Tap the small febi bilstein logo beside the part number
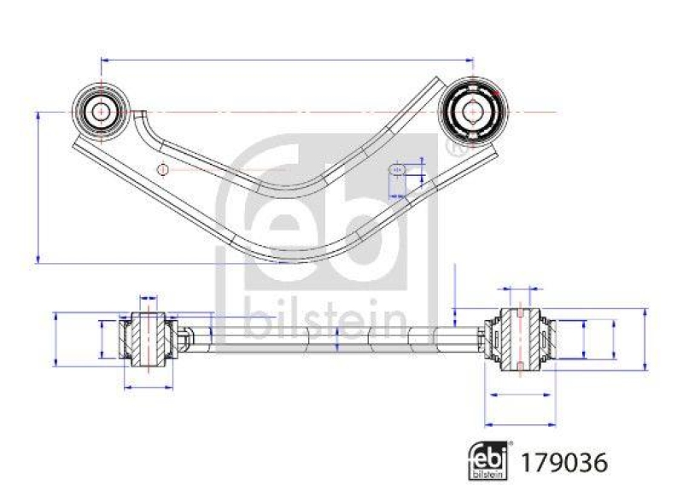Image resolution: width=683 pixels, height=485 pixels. tap(490, 461)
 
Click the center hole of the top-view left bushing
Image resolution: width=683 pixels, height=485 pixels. tap(101, 111)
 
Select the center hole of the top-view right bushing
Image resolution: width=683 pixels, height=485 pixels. tap(472, 111)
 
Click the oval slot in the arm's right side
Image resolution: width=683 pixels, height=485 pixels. tap(396, 169)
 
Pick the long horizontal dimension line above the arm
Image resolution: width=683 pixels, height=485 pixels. tap(287, 60)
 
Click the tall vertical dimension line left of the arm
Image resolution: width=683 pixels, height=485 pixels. tap(38, 186)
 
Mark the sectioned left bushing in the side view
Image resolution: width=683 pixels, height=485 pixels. tap(146, 338)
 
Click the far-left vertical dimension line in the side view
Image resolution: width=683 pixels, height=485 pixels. tap(55, 338)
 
